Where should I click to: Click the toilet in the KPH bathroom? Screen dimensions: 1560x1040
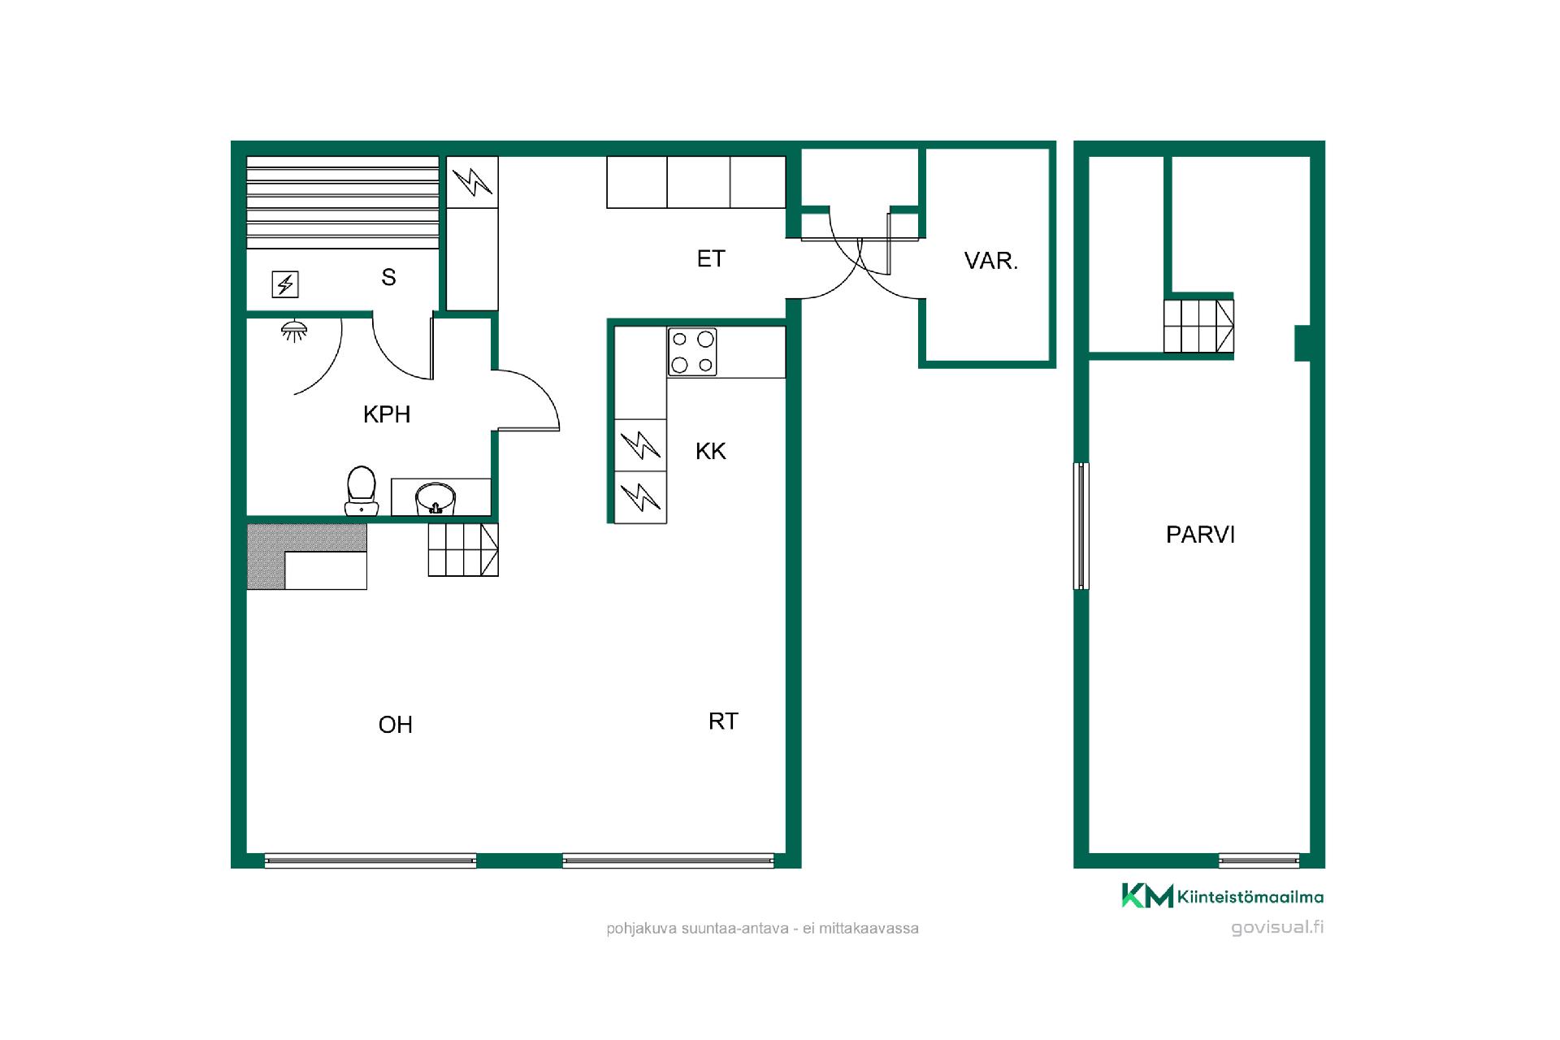click(362, 491)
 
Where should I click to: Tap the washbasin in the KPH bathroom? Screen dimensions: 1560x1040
click(435, 499)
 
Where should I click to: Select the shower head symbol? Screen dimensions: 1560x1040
click(293, 329)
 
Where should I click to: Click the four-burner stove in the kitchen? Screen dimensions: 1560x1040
click(692, 352)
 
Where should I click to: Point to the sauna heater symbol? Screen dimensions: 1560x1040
click(285, 284)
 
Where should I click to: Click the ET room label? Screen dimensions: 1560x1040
click(711, 258)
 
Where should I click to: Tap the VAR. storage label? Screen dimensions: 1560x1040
click(991, 261)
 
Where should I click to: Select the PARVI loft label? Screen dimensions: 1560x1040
click(1200, 535)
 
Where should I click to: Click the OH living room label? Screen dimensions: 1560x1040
click(396, 725)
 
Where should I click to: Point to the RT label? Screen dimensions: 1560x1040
click(723, 721)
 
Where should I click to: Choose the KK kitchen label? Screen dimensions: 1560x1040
click(711, 452)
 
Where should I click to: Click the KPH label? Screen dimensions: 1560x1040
click(387, 414)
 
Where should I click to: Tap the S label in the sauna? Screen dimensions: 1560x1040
click(389, 278)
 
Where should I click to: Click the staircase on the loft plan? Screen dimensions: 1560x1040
click(1198, 326)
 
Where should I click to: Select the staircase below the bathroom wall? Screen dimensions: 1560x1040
click(463, 550)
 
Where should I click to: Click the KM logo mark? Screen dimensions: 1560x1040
click(1147, 895)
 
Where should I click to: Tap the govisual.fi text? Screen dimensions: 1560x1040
click(1277, 928)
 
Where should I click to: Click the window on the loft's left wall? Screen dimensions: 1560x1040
click(1081, 526)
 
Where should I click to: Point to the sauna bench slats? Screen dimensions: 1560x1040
click(343, 202)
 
